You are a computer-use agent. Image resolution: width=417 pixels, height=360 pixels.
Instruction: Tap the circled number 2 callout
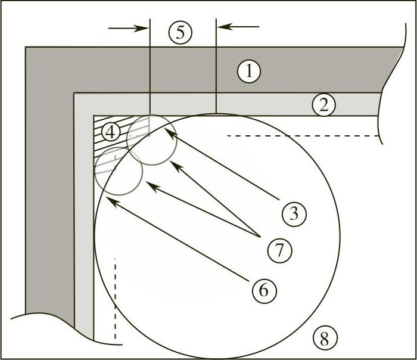(323, 105)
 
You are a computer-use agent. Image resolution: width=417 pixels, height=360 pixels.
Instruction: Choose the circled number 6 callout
(264, 290)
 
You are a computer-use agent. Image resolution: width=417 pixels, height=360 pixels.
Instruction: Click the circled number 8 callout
(324, 339)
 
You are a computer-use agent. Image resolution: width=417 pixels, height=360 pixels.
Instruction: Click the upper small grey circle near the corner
(153, 139)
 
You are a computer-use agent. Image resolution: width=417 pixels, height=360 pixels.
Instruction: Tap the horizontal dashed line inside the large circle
(304, 136)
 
